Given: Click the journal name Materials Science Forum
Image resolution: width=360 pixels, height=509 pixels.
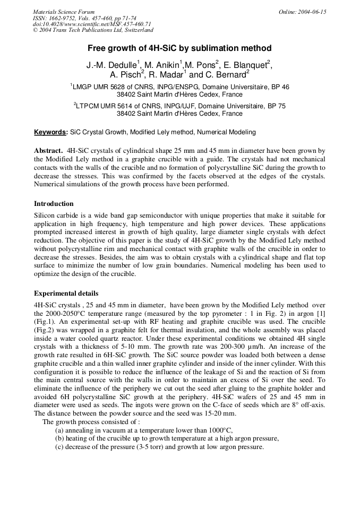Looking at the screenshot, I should point(64,12).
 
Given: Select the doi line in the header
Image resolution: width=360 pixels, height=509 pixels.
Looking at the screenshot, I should point(92,24).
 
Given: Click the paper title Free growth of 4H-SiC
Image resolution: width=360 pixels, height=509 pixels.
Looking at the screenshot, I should point(179,48).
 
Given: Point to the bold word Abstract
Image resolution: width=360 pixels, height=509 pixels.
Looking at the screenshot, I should point(49,151).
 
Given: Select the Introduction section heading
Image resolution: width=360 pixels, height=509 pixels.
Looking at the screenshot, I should point(54,203).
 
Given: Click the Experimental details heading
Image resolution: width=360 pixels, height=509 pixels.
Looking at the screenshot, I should point(66,293).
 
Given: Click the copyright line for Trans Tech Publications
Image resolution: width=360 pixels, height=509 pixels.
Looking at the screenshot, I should point(93,30).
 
